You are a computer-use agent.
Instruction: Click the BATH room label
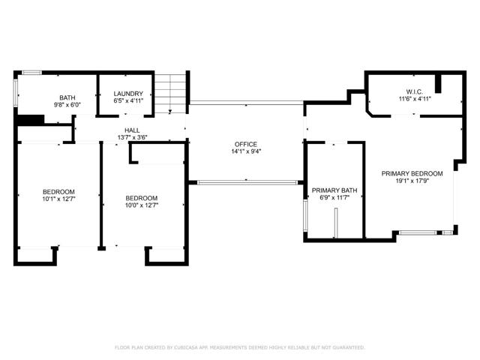click(x=67, y=97)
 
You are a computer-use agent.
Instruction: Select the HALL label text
click(x=132, y=130)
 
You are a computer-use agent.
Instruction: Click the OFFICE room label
click(x=245, y=144)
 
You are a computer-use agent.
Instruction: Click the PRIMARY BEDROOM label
click(x=412, y=173)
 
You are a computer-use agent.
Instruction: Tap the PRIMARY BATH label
click(x=334, y=190)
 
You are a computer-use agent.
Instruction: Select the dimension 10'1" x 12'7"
click(x=58, y=199)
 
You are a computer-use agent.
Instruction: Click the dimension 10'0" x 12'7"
click(x=141, y=205)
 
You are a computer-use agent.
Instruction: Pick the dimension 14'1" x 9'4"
click(x=245, y=151)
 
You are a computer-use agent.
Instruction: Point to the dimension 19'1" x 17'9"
click(x=412, y=181)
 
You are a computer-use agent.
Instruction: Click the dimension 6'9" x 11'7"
click(x=334, y=198)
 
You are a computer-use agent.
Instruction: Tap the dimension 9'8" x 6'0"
click(x=67, y=105)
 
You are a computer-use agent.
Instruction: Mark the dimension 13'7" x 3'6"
click(x=132, y=137)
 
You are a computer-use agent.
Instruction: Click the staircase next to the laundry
click(x=171, y=93)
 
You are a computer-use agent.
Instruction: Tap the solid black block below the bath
click(x=30, y=119)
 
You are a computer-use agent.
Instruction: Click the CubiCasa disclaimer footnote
click(x=239, y=347)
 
